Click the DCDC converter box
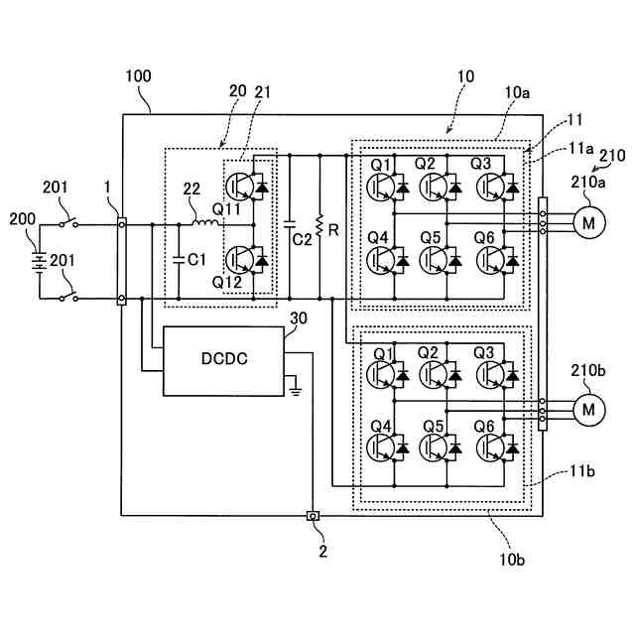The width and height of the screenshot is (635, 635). click(x=223, y=361)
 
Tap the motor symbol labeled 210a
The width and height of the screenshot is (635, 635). click(x=588, y=222)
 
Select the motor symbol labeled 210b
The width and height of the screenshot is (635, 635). click(x=588, y=410)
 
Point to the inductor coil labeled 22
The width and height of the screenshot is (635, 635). click(x=205, y=222)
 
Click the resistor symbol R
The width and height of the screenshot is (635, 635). click(x=319, y=225)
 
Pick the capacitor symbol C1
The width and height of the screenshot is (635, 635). click(x=179, y=259)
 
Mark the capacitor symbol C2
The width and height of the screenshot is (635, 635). click(x=290, y=225)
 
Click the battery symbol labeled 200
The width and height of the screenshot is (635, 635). click(x=40, y=262)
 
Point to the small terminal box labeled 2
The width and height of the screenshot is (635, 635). click(x=314, y=516)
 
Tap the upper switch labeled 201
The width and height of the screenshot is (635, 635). click(x=68, y=223)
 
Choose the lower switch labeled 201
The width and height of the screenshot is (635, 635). click(x=68, y=298)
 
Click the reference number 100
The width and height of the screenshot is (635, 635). click(x=139, y=76)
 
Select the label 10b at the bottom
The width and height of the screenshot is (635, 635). click(x=512, y=560)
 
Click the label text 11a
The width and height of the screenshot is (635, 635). click(x=580, y=149)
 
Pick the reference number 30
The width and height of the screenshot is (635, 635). click(x=299, y=318)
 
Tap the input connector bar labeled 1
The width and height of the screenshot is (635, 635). click(x=121, y=261)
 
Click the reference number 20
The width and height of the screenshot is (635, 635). click(x=238, y=91)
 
